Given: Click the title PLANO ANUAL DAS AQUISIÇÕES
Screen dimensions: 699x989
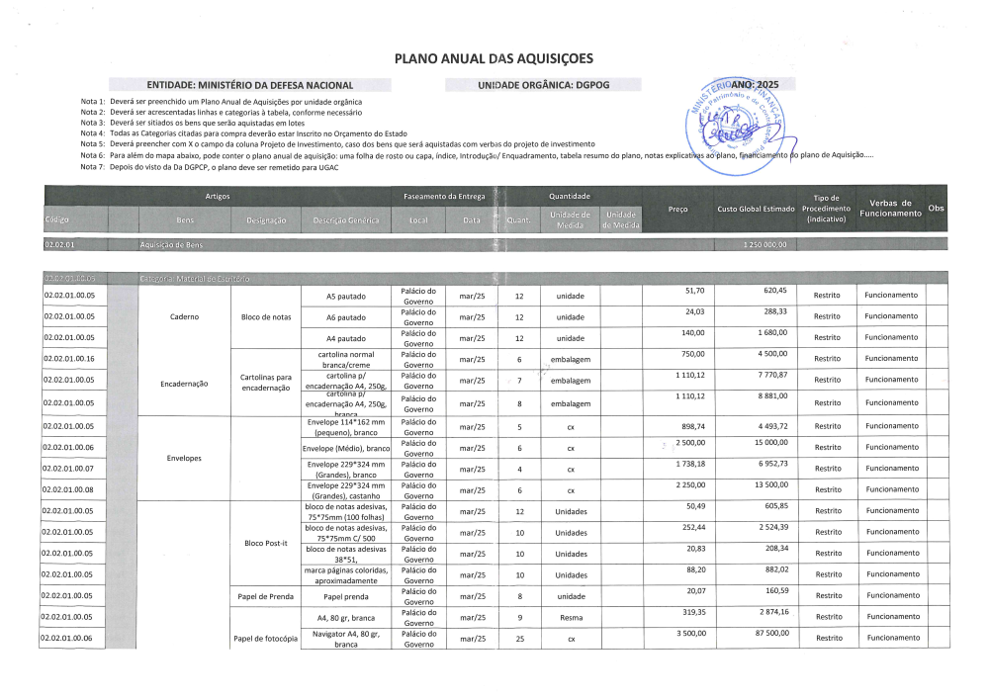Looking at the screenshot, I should [x=494, y=58].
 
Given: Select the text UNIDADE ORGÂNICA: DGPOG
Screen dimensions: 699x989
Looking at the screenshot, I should [x=543, y=86].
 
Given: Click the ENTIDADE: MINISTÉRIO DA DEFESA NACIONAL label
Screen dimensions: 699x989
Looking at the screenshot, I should [x=249, y=86].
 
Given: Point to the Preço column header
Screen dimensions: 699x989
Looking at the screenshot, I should [x=677, y=209].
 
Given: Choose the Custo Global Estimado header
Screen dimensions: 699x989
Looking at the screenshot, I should [x=756, y=209].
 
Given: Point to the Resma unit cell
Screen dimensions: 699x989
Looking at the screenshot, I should [x=571, y=617].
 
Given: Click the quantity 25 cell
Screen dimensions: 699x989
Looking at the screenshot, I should [x=519, y=639].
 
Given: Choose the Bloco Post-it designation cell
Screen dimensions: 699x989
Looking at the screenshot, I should [x=264, y=544].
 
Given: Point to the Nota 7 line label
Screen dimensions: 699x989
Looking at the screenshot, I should [x=93, y=166].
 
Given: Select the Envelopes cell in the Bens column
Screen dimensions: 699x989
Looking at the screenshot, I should [x=184, y=459].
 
